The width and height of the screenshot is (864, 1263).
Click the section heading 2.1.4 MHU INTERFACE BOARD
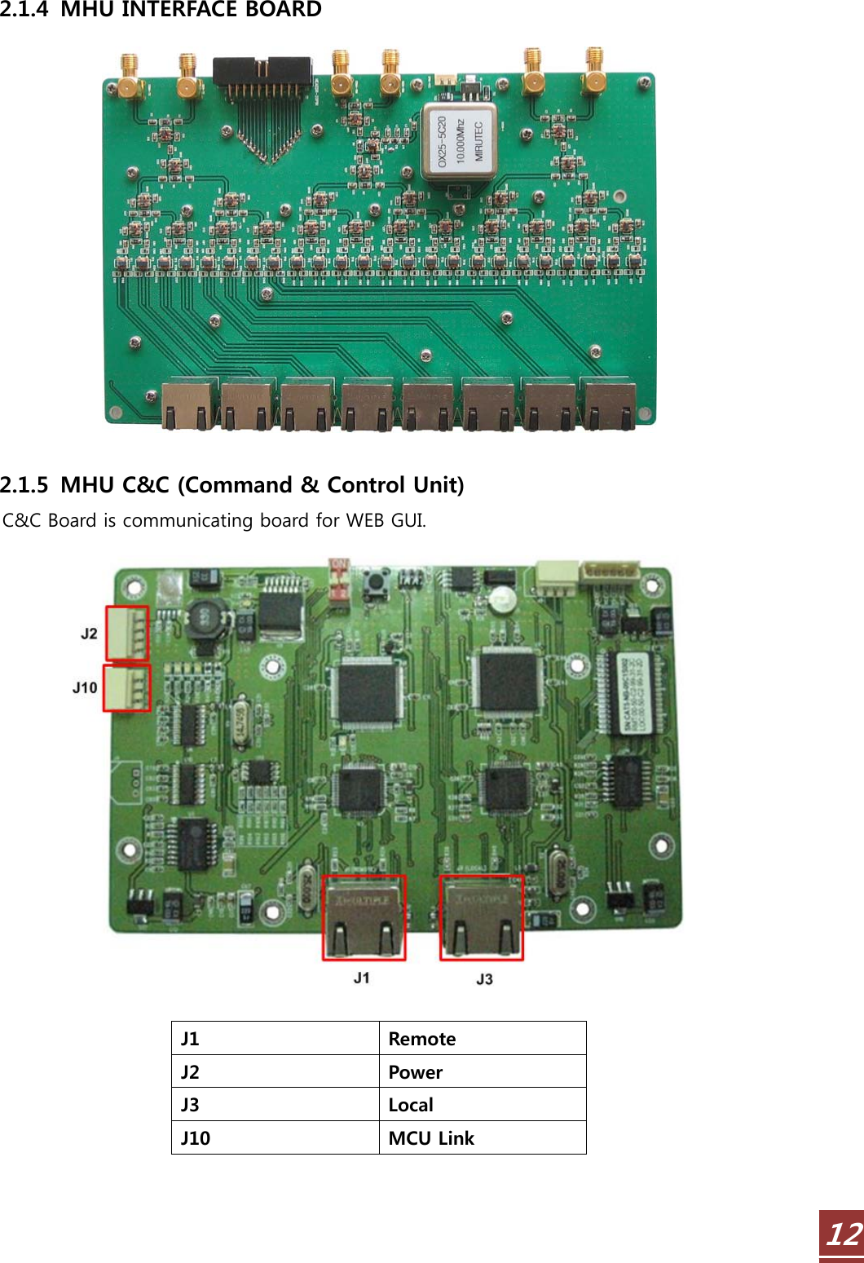tap(161, 10)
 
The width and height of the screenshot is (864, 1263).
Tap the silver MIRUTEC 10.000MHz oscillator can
tap(459, 142)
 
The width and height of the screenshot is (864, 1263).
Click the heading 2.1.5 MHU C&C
tap(231, 485)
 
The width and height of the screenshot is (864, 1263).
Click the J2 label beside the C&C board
tap(89, 634)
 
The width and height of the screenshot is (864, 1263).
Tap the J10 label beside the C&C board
tap(85, 687)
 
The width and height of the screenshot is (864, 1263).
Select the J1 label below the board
tap(362, 978)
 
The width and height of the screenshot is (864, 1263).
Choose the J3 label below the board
tap(484, 978)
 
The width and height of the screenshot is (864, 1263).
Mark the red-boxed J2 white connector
tap(127, 633)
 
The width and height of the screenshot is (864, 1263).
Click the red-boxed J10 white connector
tap(127, 688)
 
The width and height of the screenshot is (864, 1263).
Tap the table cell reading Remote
tap(482, 1039)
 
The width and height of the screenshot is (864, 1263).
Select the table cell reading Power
tap(482, 1072)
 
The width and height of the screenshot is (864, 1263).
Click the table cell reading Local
tap(482, 1105)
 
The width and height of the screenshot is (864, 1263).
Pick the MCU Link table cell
tap(482, 1138)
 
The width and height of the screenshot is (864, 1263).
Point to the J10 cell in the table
tap(275, 1138)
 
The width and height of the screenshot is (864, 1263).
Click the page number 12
tap(843, 1234)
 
